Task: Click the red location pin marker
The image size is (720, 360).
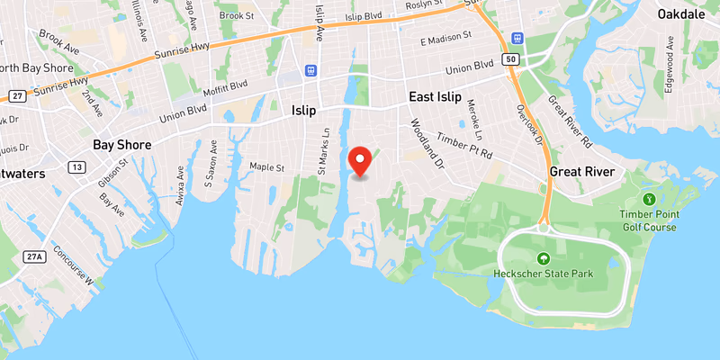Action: coord(361,161)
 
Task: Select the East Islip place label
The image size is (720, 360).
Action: coord(435,97)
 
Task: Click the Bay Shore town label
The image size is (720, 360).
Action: coord(122,145)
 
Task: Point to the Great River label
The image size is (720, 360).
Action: coord(582,172)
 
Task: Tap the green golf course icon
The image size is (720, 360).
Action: coord(647,199)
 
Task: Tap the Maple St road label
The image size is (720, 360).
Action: coord(267,167)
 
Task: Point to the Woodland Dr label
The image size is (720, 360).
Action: coord(427,144)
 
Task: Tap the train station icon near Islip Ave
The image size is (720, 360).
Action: coord(311,69)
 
